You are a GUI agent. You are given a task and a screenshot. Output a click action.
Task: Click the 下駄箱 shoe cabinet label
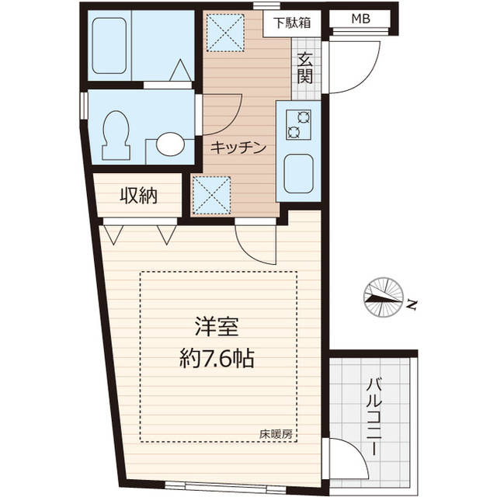[291, 22]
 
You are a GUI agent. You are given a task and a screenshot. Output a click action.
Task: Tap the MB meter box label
[360, 19]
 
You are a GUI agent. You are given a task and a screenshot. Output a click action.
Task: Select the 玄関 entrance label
[304, 68]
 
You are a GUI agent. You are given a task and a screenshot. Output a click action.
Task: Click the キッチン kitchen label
[238, 146]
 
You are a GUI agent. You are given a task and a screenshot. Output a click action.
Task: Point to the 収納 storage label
[138, 196]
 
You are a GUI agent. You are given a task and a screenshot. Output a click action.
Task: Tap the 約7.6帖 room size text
[217, 358]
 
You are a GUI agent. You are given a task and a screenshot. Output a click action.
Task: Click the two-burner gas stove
[297, 123]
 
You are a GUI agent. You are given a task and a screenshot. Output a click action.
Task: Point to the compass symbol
[383, 298]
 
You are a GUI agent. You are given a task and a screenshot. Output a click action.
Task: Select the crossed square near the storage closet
[212, 194]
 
